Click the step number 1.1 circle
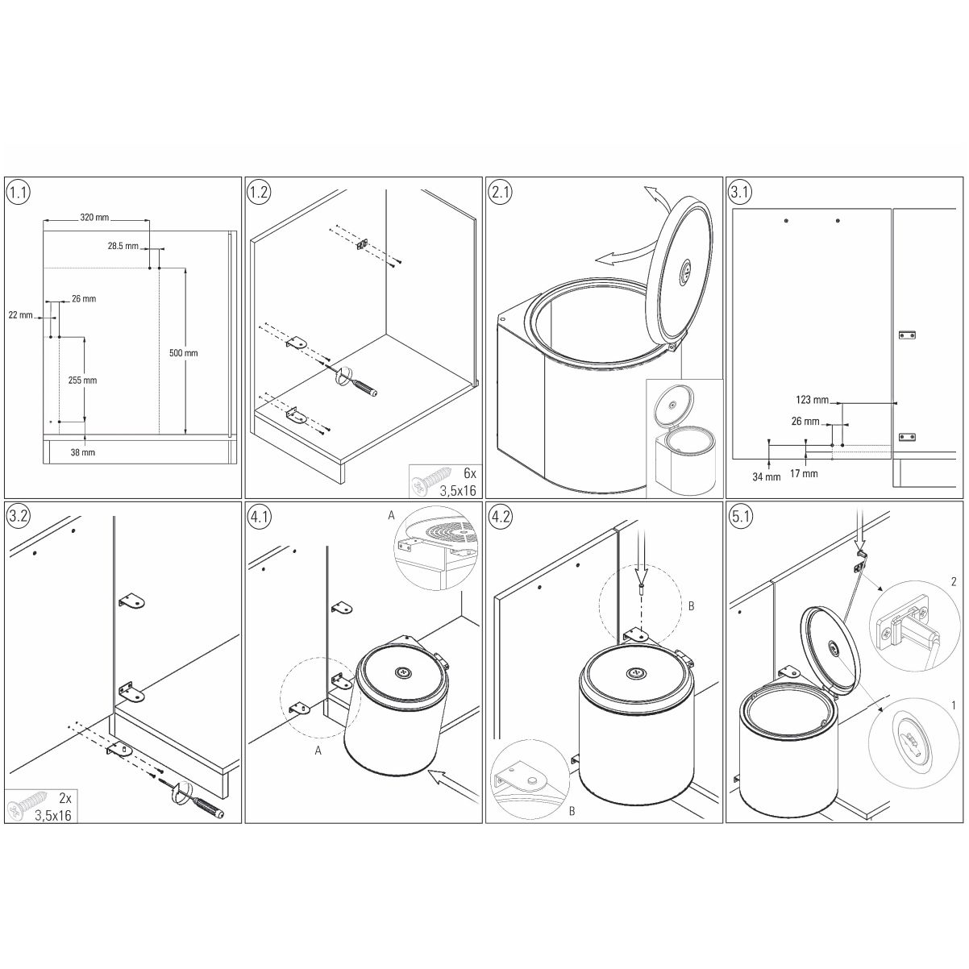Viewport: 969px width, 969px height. [19, 192]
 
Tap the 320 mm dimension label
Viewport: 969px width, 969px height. [94, 218]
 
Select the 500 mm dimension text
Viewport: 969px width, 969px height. [184, 353]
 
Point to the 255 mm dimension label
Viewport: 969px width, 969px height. [82, 381]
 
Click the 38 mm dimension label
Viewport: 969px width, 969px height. [83, 452]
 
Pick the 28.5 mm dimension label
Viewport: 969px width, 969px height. [123, 247]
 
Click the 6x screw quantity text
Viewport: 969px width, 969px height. [470, 473]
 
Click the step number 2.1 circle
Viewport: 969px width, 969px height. [501, 192]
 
